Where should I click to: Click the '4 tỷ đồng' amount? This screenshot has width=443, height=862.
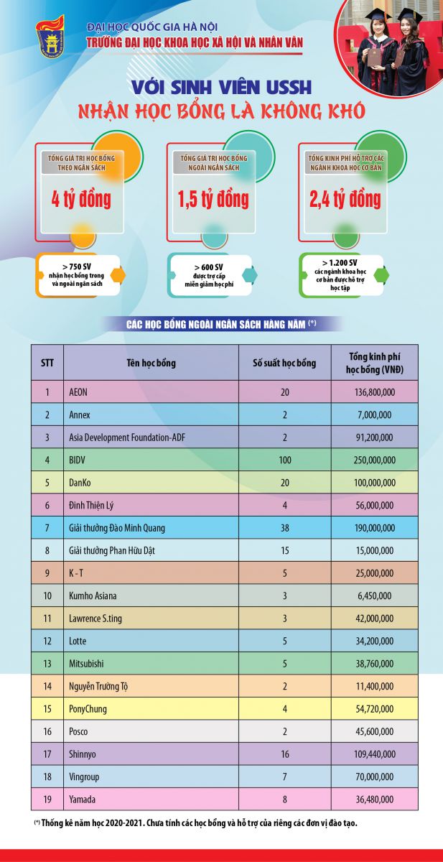80,198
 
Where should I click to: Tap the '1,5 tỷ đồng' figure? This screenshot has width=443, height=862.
213,198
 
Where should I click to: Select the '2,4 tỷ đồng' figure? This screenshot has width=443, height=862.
345,198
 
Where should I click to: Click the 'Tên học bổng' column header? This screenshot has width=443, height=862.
151,363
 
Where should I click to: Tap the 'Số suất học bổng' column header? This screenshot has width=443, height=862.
284,363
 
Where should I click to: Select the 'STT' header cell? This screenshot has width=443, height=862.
47,363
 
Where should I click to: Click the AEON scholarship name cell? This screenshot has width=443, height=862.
78,393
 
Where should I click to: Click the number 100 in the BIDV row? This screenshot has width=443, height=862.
284,460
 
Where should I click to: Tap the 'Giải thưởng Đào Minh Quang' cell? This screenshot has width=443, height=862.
117,528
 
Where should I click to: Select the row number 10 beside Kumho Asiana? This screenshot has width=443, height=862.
47,595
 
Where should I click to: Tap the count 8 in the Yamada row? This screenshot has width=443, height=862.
284,798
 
